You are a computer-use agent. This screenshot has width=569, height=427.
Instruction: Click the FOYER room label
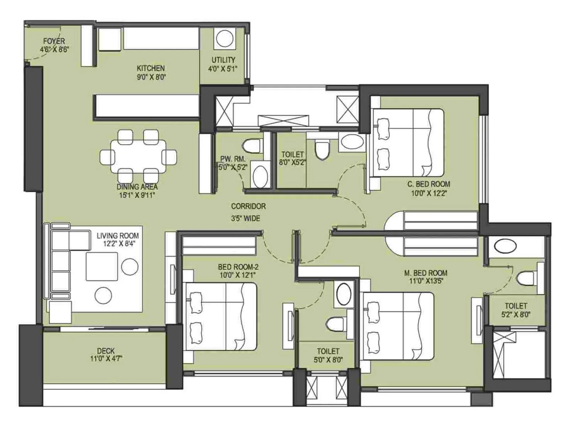click(54, 41)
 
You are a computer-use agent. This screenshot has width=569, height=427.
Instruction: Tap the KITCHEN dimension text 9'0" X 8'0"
click(151, 77)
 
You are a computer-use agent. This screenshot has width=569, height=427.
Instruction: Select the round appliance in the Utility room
click(224, 38)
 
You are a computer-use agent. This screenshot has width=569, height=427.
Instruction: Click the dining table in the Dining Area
click(138, 156)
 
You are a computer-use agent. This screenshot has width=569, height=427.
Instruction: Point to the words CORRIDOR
click(248, 206)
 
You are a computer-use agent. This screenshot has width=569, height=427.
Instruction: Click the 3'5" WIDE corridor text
click(246, 218)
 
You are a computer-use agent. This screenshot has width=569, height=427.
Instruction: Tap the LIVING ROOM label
click(118, 236)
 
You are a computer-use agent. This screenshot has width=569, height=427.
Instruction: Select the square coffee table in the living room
click(102, 267)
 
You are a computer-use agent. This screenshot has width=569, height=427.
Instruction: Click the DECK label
click(106, 351)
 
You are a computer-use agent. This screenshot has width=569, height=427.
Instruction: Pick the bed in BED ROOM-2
click(221, 316)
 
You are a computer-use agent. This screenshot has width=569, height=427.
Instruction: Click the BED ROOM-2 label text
click(238, 267)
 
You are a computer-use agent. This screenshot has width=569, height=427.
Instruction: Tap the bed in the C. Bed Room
click(408, 143)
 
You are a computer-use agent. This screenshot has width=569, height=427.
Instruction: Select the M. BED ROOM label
click(426, 273)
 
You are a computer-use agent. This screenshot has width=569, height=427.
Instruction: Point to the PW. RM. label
click(233, 159)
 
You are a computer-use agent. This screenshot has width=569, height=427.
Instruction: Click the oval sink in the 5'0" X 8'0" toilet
click(344, 294)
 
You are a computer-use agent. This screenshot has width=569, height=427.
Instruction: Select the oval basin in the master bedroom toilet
click(505, 246)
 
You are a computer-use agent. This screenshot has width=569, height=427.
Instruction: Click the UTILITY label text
click(223, 60)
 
